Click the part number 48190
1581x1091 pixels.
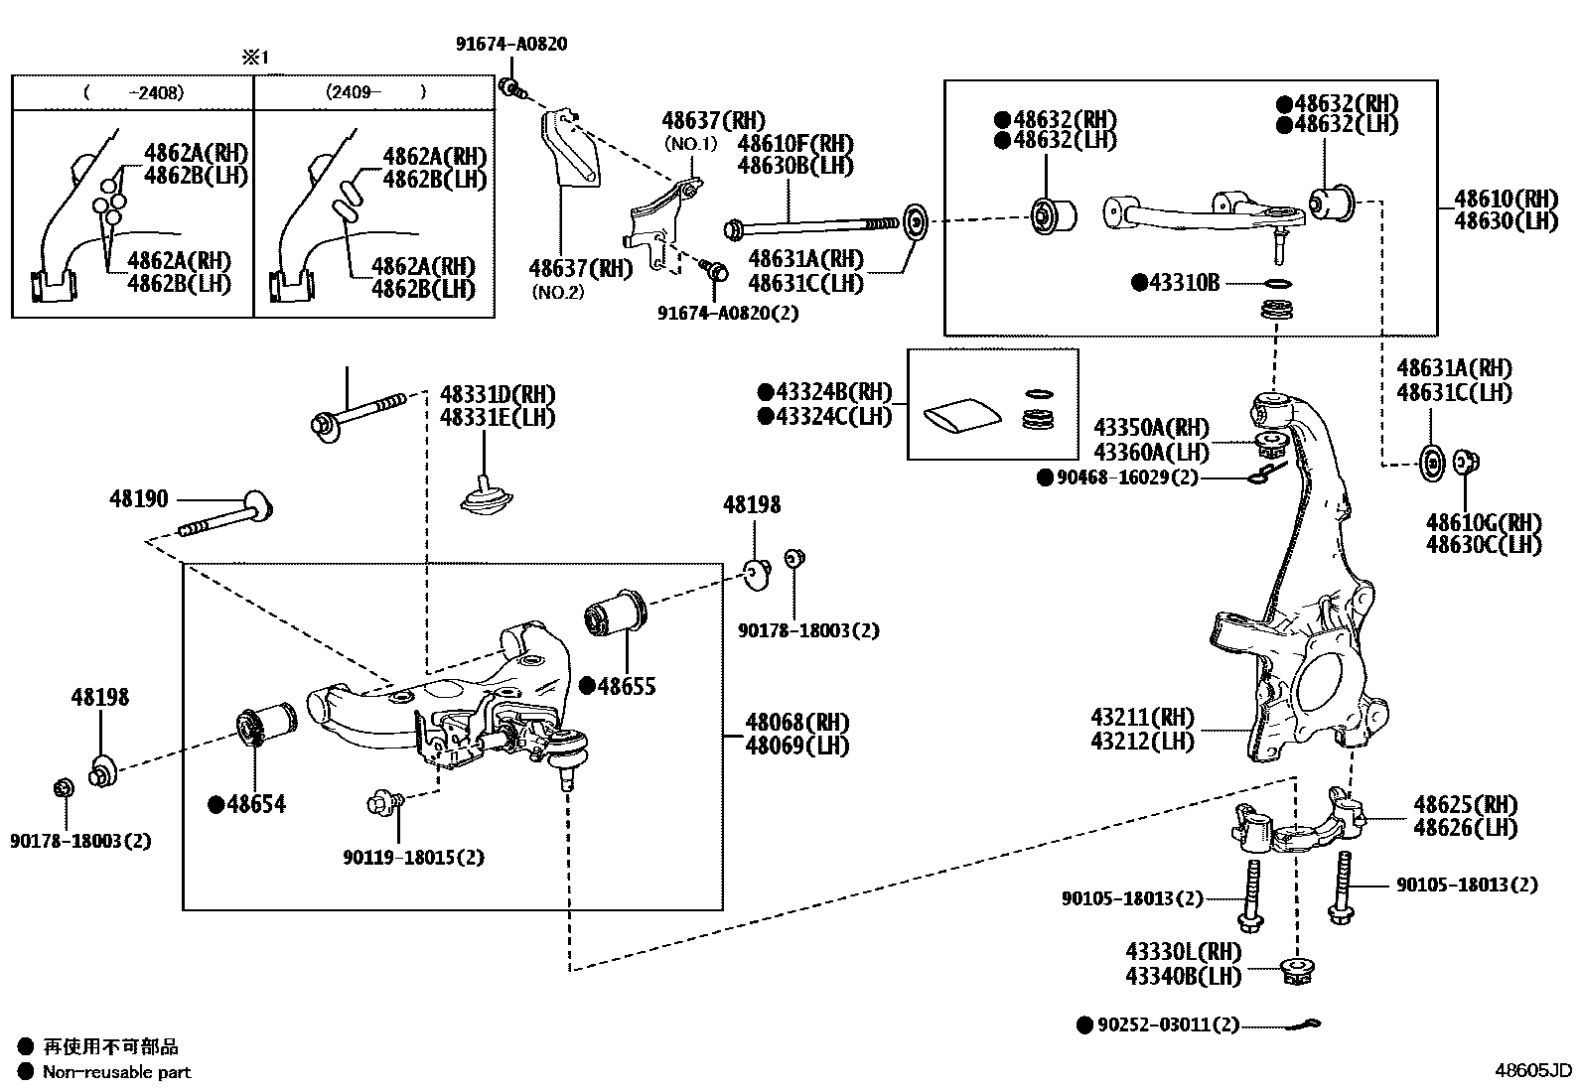138,498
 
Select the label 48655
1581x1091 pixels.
626,686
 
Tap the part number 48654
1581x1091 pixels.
255,804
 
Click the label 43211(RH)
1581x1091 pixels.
1142,717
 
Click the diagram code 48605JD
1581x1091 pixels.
1533,1070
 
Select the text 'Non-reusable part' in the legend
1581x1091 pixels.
116,1072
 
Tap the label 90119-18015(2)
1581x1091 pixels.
413,857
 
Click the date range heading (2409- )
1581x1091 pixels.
374,92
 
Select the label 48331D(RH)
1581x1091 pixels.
498,394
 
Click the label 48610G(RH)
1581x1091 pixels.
1484,522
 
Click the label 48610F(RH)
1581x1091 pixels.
795,144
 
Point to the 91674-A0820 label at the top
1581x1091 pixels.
511,45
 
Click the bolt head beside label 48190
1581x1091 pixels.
257,505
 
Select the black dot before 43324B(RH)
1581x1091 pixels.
765,391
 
